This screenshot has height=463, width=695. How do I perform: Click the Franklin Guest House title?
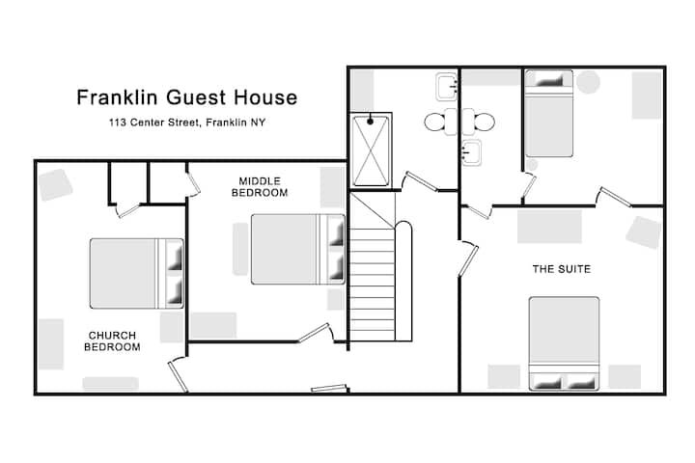point(186,97)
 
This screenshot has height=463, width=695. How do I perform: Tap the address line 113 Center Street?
point(186,123)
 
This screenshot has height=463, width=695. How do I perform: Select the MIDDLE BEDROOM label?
point(260,187)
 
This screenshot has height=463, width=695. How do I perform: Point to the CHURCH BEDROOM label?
point(112,341)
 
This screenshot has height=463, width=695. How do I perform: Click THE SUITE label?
point(562,269)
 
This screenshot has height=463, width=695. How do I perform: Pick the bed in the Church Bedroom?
point(136,273)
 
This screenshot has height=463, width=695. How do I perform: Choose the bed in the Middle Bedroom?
point(298,249)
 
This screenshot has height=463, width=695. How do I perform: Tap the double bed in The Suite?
point(564,343)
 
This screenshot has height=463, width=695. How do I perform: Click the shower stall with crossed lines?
point(371,150)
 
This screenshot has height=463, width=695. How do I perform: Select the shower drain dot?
point(370,121)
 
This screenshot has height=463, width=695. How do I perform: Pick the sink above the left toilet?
point(446,87)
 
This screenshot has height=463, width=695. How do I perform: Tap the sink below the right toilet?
point(471,152)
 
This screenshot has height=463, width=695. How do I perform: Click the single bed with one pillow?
point(548,114)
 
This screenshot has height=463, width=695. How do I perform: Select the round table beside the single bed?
point(588,82)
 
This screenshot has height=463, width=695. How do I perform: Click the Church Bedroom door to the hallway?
point(179,374)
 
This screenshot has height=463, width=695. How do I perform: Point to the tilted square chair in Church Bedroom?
point(55,185)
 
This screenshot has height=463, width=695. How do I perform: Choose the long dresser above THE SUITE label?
point(549,227)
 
